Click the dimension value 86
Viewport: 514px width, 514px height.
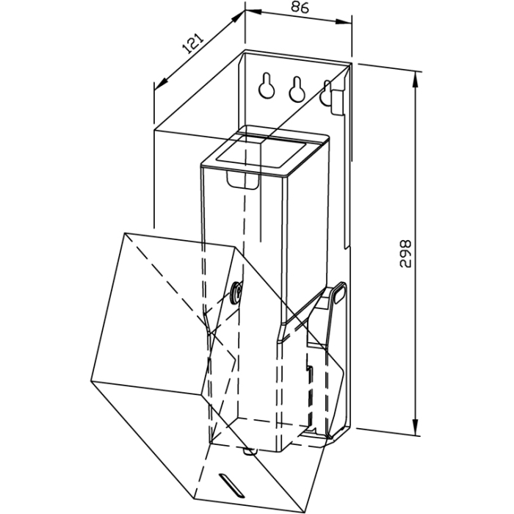tap(300, 7)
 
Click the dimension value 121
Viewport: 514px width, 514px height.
tap(193, 43)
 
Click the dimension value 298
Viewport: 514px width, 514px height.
tap(405, 253)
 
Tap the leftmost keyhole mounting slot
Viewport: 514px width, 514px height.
tap(267, 85)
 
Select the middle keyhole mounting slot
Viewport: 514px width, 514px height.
tap(297, 89)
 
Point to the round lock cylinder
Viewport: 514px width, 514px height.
tap(236, 292)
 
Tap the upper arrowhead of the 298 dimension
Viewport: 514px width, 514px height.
tap(416, 79)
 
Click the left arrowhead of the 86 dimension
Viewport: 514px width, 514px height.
tap(254, 12)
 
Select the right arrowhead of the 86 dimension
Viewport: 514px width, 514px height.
tap(343, 22)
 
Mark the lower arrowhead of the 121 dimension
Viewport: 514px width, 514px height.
tap(161, 84)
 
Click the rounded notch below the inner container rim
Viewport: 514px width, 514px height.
tap(243, 181)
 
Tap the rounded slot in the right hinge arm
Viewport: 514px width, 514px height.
tap(339, 292)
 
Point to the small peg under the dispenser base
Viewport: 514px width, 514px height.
tap(250, 452)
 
